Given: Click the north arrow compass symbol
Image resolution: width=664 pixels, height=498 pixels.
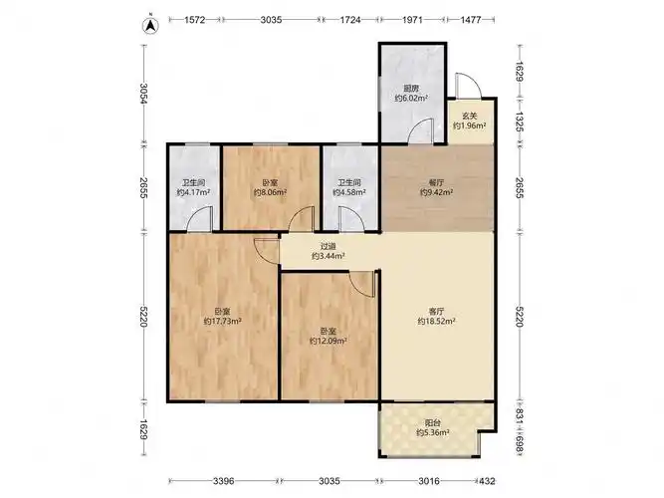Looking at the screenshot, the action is pyautogui.click(x=150, y=26).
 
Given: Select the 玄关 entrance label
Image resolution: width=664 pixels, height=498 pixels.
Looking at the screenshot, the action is pyautogui.click(x=469, y=116).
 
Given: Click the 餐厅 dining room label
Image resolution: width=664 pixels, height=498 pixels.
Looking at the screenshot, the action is pyautogui.click(x=436, y=182).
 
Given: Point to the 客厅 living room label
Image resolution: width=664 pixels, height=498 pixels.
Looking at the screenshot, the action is pyautogui.click(x=436, y=312).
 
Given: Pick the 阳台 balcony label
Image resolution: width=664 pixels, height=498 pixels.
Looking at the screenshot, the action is pyautogui.click(x=433, y=423).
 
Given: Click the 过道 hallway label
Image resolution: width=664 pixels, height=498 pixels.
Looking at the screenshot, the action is pyautogui.click(x=329, y=247).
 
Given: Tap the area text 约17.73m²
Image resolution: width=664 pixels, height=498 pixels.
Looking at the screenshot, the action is pyautogui.click(x=222, y=322).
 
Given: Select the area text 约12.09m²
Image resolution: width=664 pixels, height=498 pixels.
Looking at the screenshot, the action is pyautogui.click(x=329, y=341).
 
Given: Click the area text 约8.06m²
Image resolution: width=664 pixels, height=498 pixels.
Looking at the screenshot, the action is pyautogui.click(x=270, y=192).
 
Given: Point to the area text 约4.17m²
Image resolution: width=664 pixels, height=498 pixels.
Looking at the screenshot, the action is pyautogui.click(x=193, y=192).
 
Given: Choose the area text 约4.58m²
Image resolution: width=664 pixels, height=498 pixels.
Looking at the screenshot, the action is pyautogui.click(x=349, y=192).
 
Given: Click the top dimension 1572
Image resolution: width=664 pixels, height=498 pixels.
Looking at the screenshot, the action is pyautogui.click(x=195, y=20).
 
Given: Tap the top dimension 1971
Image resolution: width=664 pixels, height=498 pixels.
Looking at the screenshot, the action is pyautogui.click(x=412, y=20).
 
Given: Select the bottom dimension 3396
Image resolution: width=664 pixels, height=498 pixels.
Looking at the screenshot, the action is pyautogui.click(x=224, y=481).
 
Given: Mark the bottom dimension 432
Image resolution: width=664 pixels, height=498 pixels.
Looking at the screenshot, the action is pyautogui.click(x=487, y=481).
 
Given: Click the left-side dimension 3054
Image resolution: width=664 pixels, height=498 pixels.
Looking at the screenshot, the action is pyautogui.click(x=144, y=94).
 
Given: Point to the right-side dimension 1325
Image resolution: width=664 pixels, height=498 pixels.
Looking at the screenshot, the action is pyautogui.click(x=520, y=122).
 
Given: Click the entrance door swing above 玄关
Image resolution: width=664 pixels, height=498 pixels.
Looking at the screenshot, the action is pyautogui.click(x=468, y=85).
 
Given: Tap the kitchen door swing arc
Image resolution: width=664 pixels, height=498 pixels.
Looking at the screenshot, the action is pyautogui.click(x=420, y=130).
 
